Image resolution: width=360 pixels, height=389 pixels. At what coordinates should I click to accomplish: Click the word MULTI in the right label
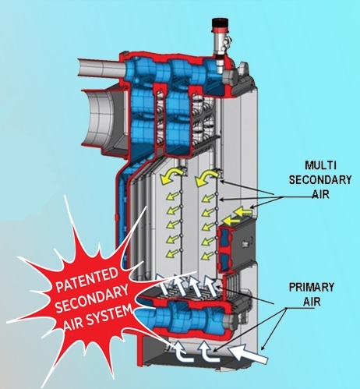(320, 165)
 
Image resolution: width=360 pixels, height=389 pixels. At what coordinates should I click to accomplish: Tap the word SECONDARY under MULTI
(320, 180)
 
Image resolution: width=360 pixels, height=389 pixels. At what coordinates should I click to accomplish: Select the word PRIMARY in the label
(312, 288)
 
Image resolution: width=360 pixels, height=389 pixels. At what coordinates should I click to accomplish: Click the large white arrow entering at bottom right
(249, 354)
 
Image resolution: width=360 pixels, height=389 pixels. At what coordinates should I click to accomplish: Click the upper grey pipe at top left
(102, 67)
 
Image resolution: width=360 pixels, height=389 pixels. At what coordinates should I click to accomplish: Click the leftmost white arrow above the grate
(164, 284)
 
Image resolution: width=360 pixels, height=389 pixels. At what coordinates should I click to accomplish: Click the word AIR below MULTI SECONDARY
(320, 194)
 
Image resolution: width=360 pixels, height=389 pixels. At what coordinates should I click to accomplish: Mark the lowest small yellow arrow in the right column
(208, 256)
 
